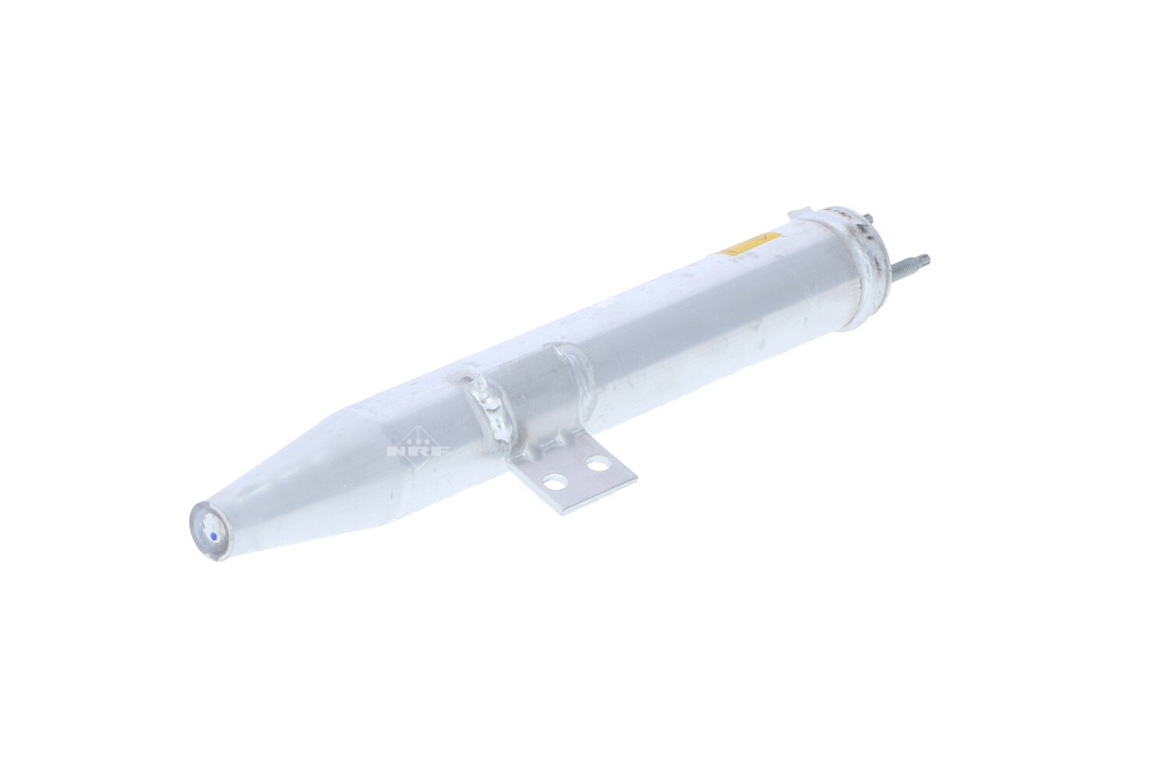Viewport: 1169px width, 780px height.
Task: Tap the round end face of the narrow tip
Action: (x=210, y=532)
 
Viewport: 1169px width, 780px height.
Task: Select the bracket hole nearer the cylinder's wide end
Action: (x=596, y=463)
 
